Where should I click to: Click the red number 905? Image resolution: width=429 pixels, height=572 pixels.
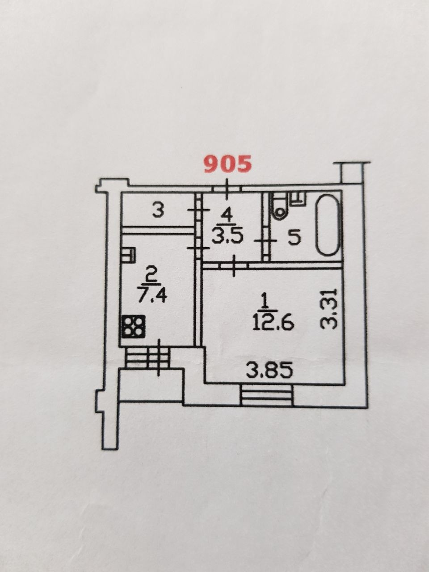pyautogui.click(x=228, y=164)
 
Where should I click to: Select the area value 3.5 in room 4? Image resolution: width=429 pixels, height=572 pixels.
pyautogui.click(x=227, y=237)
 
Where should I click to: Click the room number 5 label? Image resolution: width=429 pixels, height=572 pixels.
pyautogui.click(x=293, y=238)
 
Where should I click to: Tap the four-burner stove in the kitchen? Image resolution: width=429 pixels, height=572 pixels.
pyautogui.click(x=133, y=327)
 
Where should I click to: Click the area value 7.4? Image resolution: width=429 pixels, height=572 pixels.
pyautogui.click(x=152, y=296)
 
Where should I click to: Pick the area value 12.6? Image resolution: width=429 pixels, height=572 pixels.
pyautogui.click(x=273, y=322)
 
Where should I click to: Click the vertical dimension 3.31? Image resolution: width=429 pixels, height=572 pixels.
pyautogui.click(x=329, y=309)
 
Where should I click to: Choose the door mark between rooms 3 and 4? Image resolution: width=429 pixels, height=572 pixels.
pyautogui.click(x=197, y=210)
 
